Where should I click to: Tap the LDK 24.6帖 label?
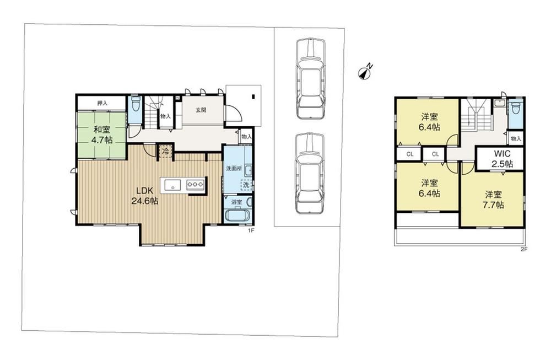144,196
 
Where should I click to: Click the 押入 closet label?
102,103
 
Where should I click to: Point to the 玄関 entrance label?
201,110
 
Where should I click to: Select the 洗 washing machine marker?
246,184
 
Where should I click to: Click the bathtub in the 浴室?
237,214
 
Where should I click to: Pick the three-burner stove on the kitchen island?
196,184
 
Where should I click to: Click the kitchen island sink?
172,184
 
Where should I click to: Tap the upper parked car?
310,78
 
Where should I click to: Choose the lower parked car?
309,173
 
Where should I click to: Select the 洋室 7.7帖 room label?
493,200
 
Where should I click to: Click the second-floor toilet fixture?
516,108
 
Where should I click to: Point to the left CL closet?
410,154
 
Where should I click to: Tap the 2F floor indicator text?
524,250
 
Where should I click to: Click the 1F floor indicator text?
251,230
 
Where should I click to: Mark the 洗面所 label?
234,168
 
